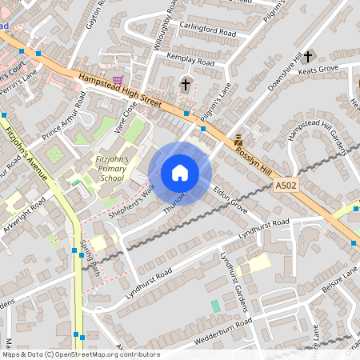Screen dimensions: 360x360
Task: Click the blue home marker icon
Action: [179, 173]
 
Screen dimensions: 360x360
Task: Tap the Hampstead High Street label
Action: [120, 90]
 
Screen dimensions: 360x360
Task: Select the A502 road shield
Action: [285, 185]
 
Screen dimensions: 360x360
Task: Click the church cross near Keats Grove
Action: [308, 56]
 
